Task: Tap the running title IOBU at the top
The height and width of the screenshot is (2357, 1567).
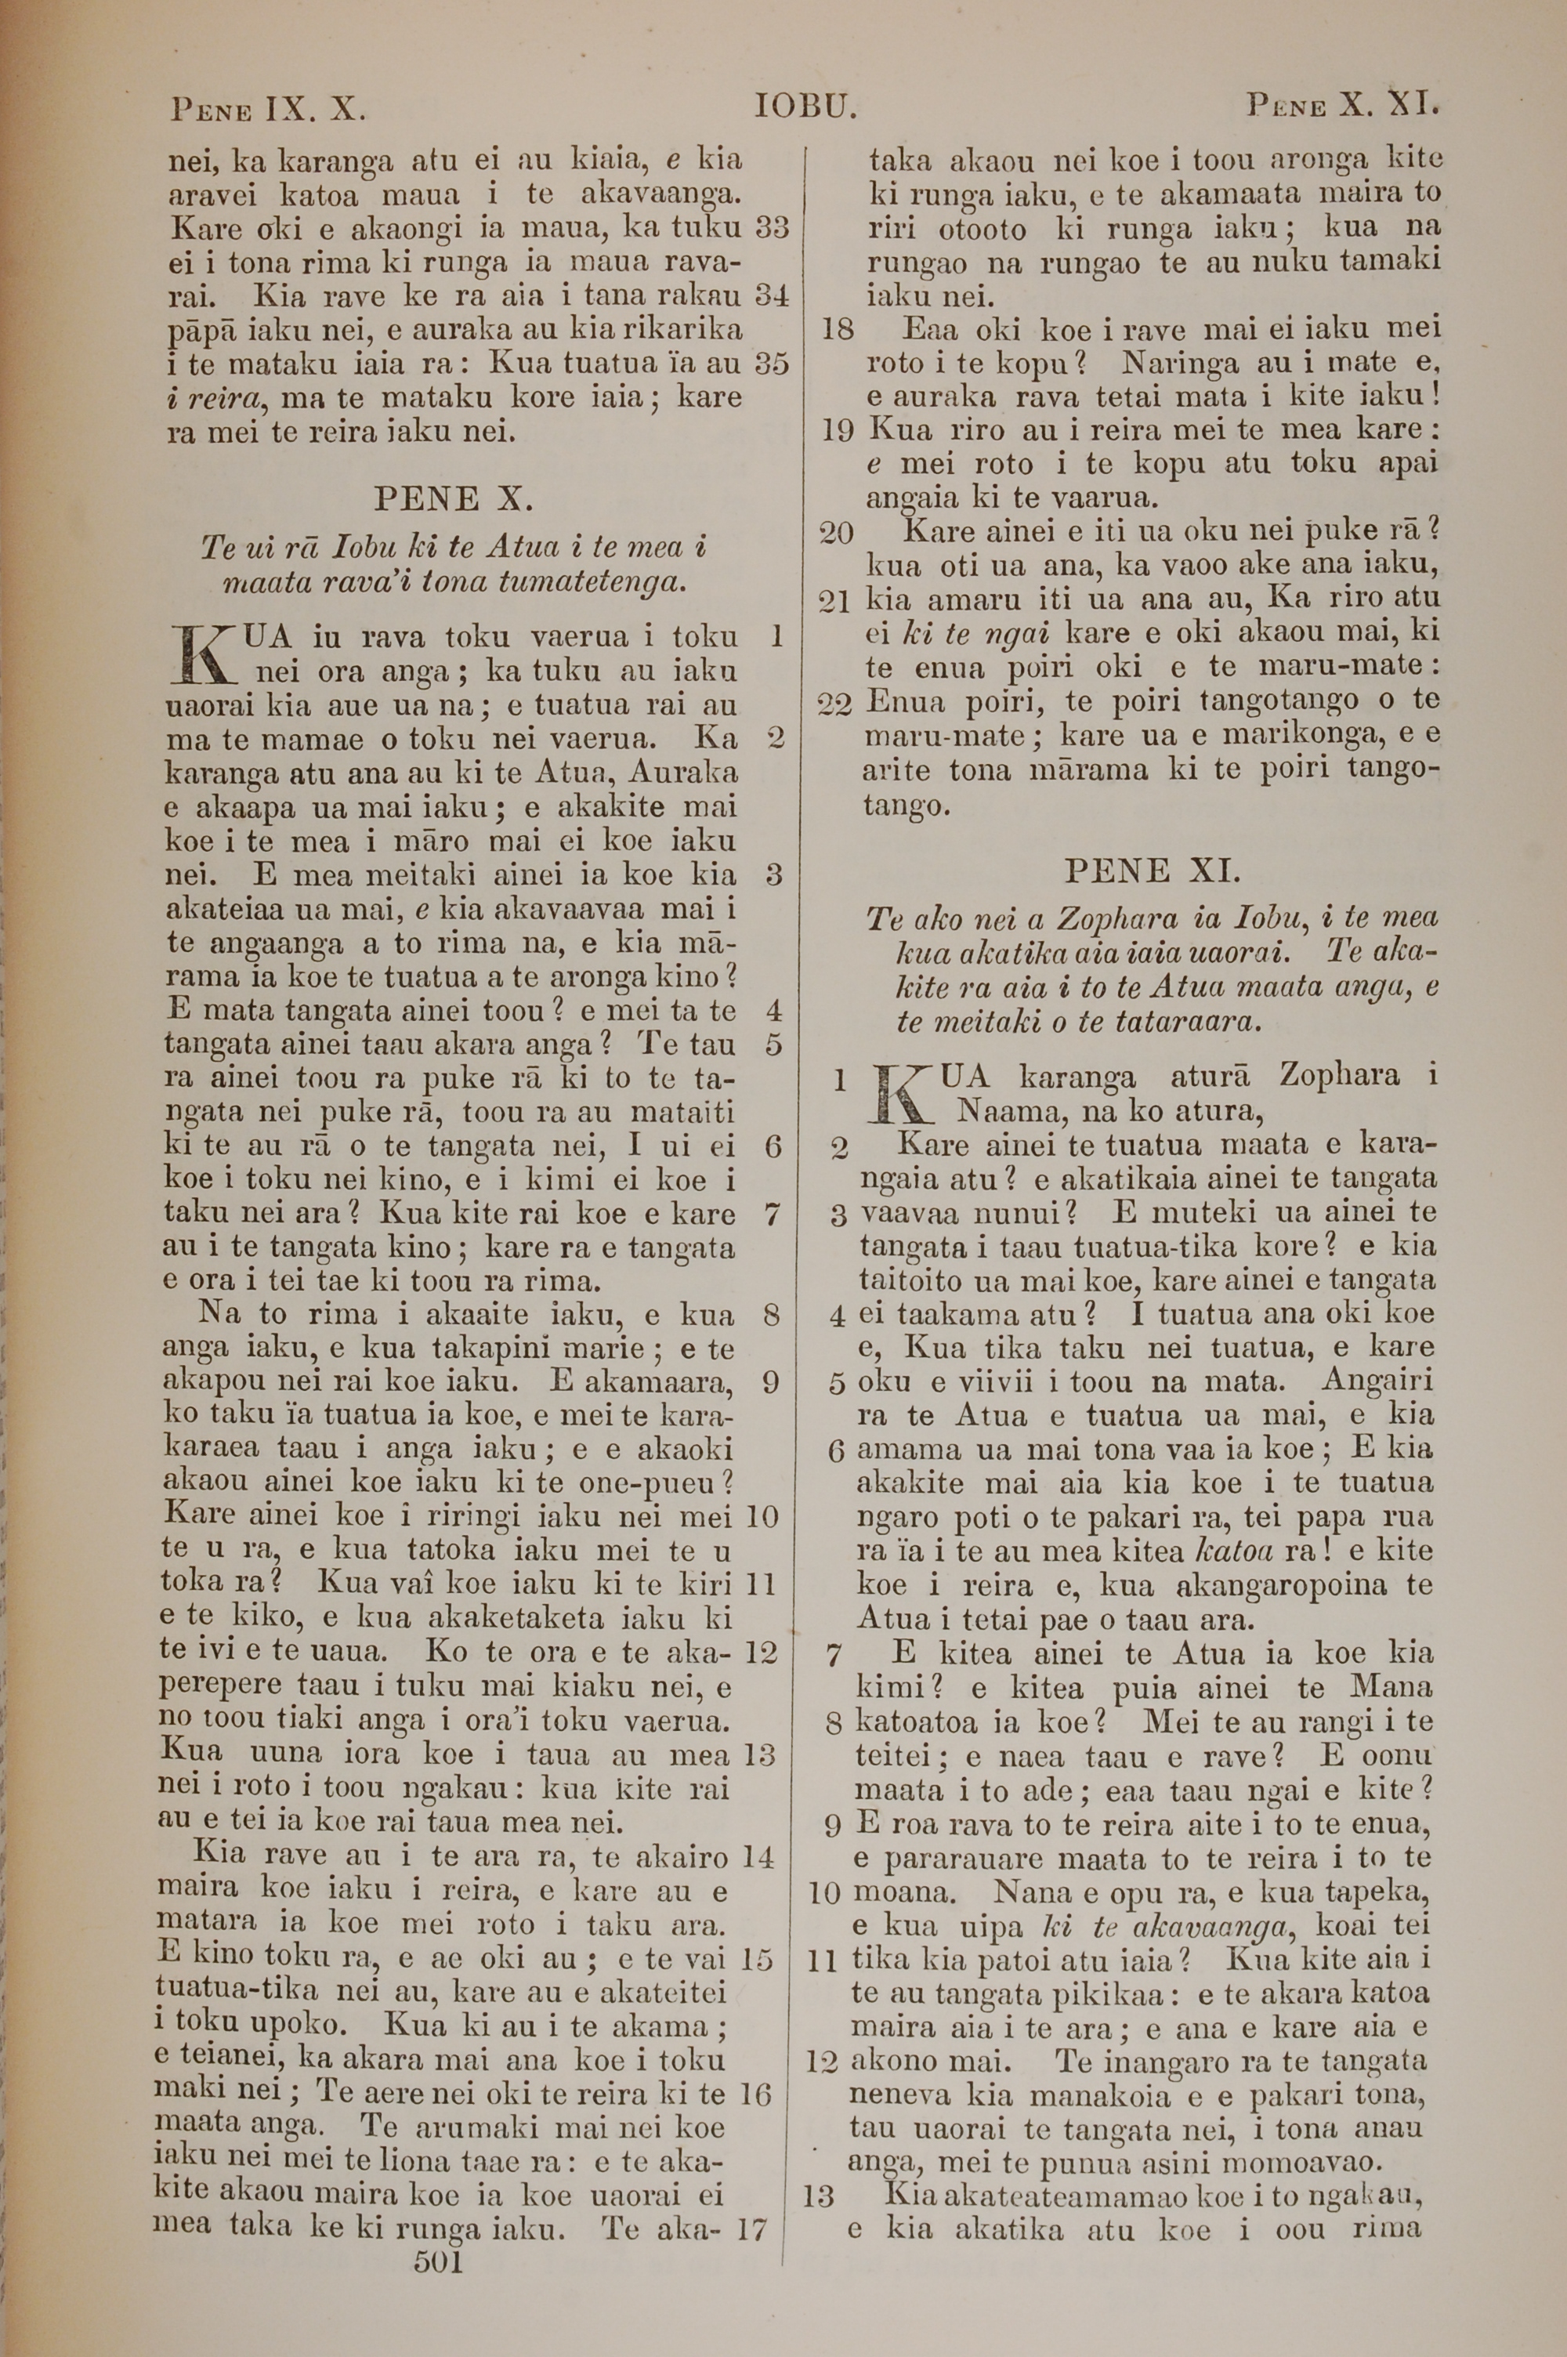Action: (x=805, y=106)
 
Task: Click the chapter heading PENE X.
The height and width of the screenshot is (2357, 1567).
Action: (x=454, y=498)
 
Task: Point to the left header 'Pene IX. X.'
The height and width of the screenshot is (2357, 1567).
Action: (x=269, y=107)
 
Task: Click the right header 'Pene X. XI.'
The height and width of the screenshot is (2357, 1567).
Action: (x=1341, y=104)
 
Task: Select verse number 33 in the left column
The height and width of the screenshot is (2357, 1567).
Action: (x=772, y=228)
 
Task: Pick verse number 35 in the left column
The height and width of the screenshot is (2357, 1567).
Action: (x=772, y=363)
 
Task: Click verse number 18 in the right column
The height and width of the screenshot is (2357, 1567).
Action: (x=837, y=329)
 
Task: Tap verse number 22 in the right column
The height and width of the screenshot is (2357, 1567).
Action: (x=834, y=704)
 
